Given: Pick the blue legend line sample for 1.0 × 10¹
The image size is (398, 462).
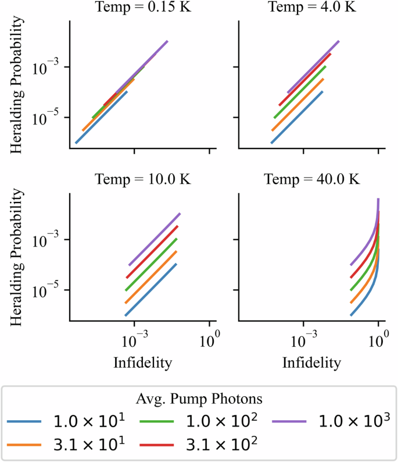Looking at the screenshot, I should [x=24, y=421].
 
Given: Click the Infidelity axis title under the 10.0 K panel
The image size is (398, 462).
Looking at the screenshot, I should [x=143, y=363].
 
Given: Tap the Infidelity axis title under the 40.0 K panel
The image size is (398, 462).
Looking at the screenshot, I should [x=312, y=363].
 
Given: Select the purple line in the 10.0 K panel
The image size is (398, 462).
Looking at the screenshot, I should [x=155, y=239].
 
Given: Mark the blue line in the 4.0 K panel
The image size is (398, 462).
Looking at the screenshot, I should [x=296, y=117].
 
